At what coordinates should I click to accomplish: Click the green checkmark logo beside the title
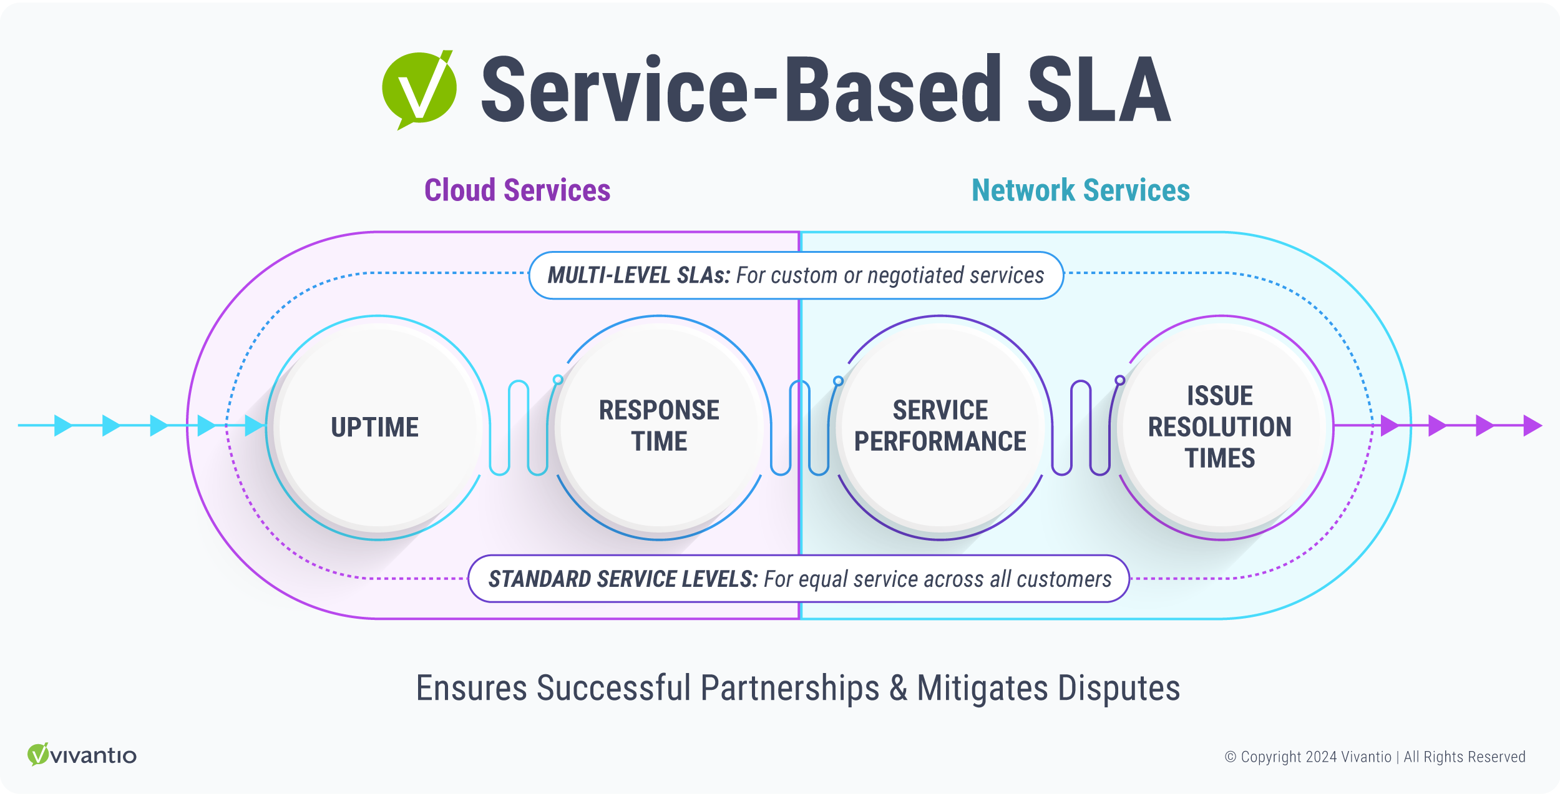[x=419, y=89]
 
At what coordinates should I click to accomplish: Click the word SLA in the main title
[x=1098, y=89]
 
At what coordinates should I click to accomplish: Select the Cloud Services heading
[x=517, y=190]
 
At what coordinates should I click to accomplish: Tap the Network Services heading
[x=1081, y=190]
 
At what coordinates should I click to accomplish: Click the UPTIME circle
[x=376, y=428]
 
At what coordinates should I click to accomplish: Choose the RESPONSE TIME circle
[x=659, y=428]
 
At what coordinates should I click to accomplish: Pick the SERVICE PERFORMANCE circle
[x=940, y=428]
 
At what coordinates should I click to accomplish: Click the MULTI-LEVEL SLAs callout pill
[x=796, y=275]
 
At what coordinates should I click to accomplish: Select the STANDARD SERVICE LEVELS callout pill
[x=799, y=579]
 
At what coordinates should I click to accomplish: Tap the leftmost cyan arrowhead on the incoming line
[x=62, y=425]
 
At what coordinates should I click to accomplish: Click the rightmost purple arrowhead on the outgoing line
[x=1532, y=426]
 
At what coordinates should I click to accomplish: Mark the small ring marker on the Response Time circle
[x=558, y=380]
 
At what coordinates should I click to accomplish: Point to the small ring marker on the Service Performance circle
[x=838, y=381]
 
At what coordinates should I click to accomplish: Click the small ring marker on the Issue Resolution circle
[x=1120, y=380]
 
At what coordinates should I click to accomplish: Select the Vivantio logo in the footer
[x=82, y=755]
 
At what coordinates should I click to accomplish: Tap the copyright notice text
[x=1375, y=757]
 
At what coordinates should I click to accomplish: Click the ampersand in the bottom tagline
[x=898, y=688]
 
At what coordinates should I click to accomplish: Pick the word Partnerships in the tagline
[x=790, y=688]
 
